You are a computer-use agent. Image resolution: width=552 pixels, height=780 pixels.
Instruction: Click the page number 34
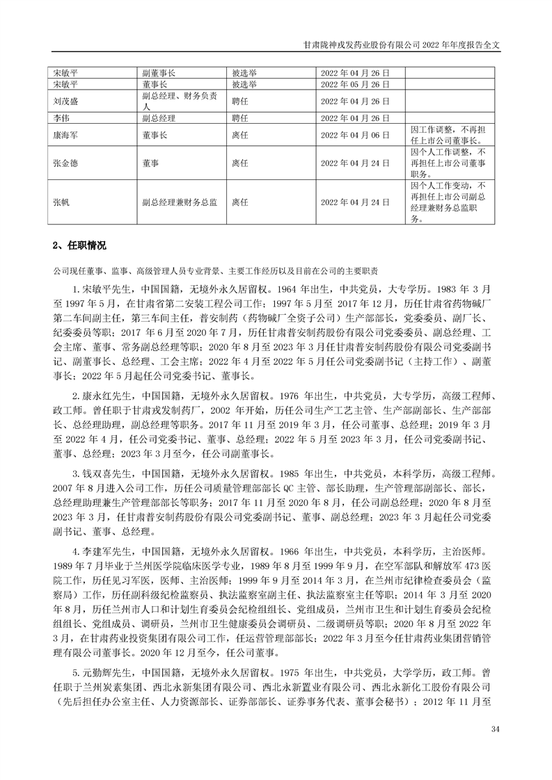[495, 729]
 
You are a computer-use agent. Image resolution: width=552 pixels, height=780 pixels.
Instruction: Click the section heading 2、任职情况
[80, 246]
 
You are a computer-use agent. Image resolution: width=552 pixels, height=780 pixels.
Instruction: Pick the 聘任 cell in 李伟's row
[240, 118]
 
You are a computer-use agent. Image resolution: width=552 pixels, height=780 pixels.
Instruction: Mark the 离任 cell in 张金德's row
[240, 163]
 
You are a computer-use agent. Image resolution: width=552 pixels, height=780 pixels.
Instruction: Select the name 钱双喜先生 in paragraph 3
[104, 471]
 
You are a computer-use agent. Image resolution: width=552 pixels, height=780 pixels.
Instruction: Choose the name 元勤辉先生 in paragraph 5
[104, 673]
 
